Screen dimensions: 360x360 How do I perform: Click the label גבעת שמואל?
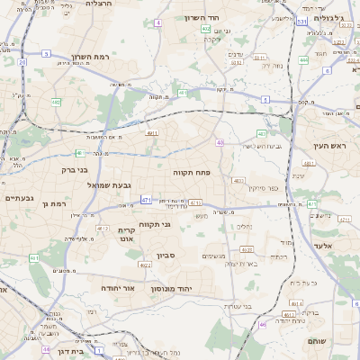click(85, 184)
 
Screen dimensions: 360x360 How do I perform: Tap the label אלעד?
click(324, 246)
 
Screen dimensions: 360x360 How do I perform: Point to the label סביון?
click(164, 256)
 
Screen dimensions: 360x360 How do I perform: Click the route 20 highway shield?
click(22, 62)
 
